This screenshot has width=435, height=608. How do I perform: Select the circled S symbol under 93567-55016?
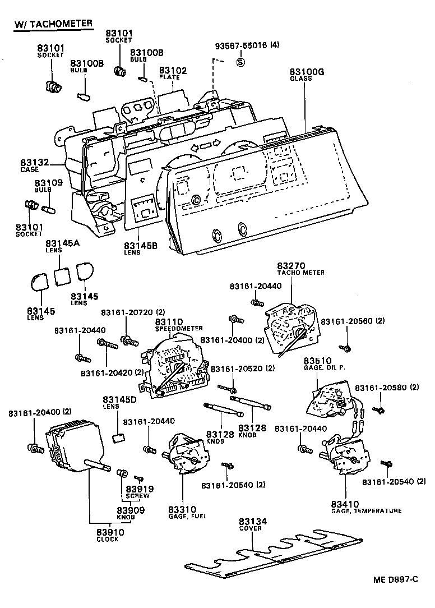click(240, 62)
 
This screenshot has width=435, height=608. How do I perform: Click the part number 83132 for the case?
click(35, 163)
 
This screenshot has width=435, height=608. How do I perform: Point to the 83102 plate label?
click(173, 71)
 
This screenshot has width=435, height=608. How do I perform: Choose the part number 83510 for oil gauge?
click(334, 360)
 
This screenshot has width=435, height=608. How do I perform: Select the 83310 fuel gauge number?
click(182, 509)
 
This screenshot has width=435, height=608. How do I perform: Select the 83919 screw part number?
click(137, 489)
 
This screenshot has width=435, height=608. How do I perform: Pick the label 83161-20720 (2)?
click(133, 312)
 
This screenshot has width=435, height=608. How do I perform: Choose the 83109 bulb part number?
click(49, 183)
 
